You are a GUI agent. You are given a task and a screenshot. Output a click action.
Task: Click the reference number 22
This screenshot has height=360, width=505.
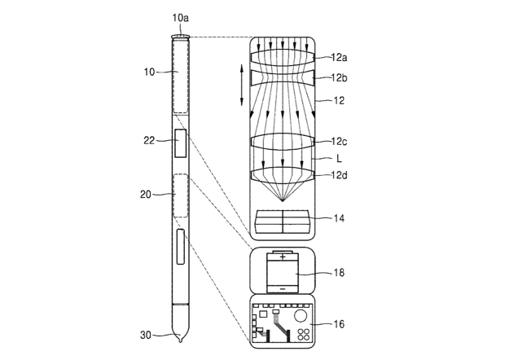[x=149, y=140]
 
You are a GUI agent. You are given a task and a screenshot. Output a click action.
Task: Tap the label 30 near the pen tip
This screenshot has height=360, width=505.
[x=147, y=335]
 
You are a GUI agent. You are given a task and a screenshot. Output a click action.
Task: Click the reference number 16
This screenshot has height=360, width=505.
[x=339, y=324]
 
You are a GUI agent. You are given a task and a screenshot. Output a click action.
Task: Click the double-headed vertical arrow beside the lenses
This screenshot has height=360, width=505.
[x=242, y=86]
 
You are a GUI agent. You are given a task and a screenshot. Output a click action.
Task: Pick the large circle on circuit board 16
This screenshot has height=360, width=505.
[x=301, y=315]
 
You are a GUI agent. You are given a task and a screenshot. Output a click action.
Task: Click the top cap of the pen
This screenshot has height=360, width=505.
[x=180, y=37]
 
